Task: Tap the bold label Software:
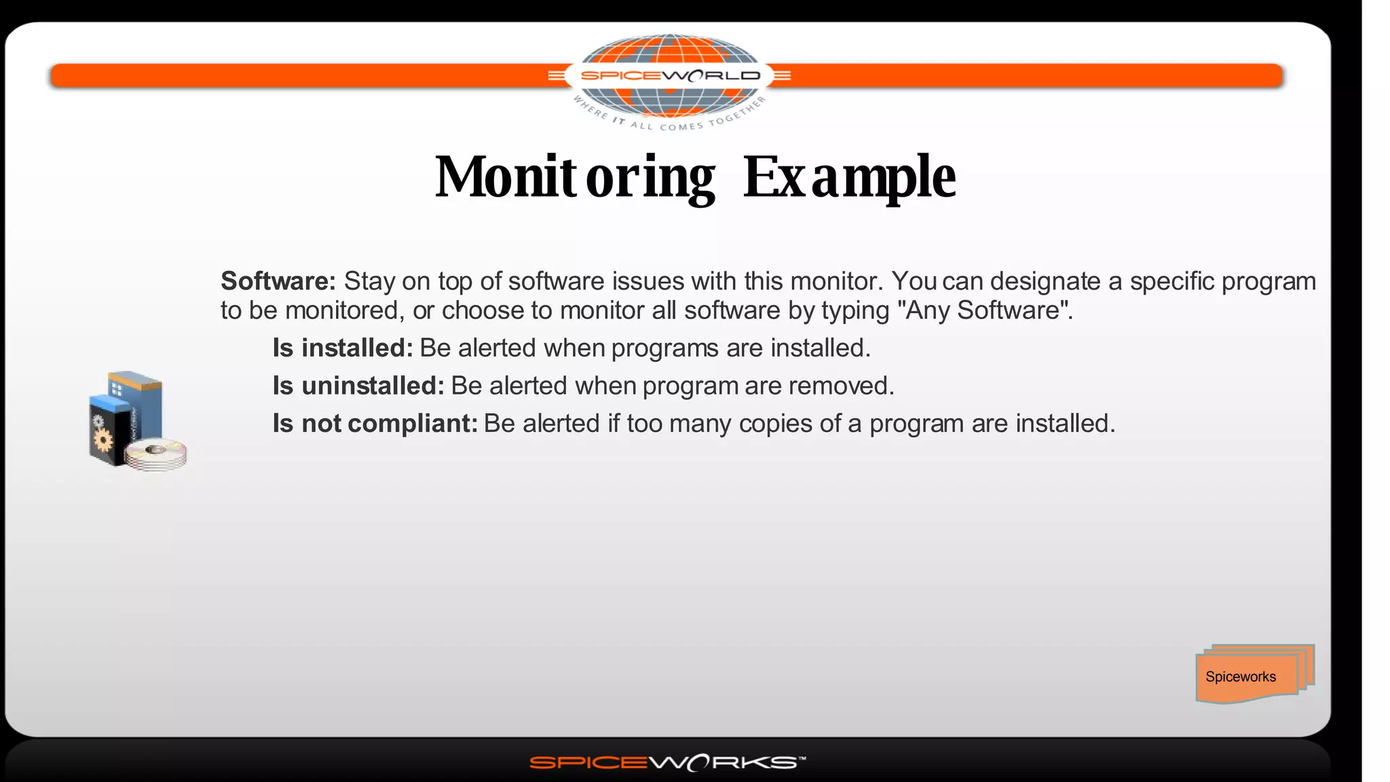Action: click(278, 281)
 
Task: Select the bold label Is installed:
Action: click(343, 348)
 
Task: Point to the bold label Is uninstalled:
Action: click(358, 386)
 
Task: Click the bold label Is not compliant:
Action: click(375, 423)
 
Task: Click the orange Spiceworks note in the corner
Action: click(1249, 675)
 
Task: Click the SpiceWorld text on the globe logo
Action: click(670, 75)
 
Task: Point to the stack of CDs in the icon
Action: click(157, 455)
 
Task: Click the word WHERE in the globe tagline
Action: click(590, 107)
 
